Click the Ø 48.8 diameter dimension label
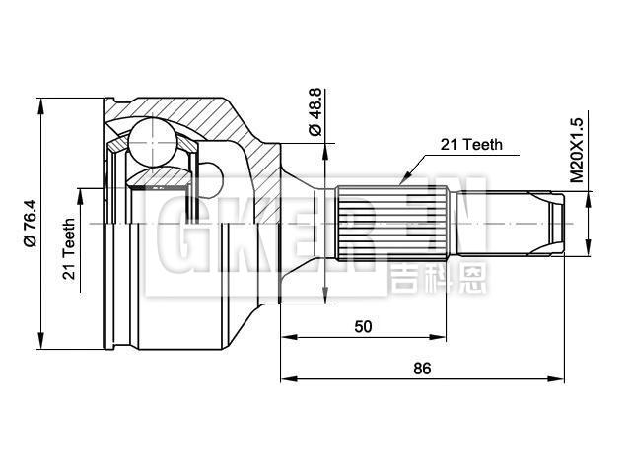pos(315,115)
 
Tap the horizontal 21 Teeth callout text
pos(470,144)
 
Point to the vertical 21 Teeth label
pos(70,249)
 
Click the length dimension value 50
pos(363,326)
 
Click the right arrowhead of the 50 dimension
pos(445,337)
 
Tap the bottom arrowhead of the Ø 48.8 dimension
pos(325,293)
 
